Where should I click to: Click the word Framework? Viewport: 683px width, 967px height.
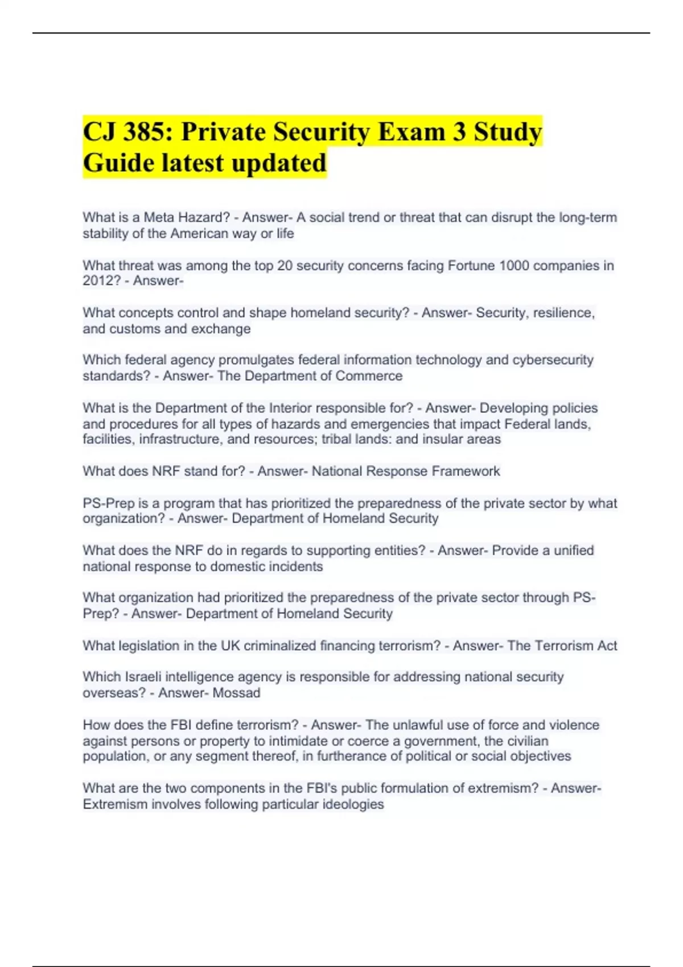466,471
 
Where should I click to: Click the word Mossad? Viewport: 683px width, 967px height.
236,693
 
